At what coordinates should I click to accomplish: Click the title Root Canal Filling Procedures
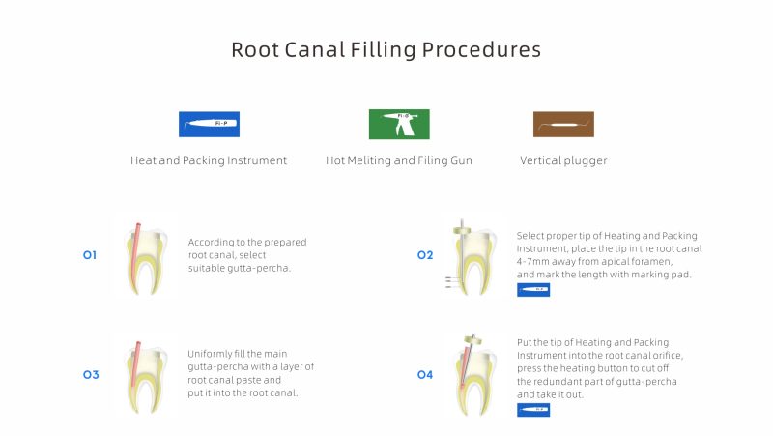[x=386, y=49]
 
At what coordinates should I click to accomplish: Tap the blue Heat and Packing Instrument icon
[x=209, y=125]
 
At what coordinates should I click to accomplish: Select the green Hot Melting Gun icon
[x=399, y=125]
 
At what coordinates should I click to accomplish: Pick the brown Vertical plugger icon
[x=563, y=125]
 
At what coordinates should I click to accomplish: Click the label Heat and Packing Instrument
[x=209, y=160]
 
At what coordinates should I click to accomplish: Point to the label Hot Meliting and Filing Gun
[x=399, y=160]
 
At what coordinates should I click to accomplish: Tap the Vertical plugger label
[x=563, y=160]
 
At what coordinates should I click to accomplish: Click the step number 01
[x=90, y=255]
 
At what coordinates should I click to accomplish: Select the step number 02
[x=425, y=255]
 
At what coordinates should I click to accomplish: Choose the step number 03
[x=90, y=374]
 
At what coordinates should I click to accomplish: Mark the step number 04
[x=425, y=374]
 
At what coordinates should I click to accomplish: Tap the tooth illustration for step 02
[x=472, y=256]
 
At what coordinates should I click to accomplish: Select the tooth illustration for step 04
[x=472, y=375]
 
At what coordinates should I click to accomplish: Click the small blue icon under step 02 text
[x=533, y=290]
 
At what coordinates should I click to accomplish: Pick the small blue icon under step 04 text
[x=533, y=410]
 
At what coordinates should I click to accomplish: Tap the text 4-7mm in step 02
[x=533, y=262]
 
